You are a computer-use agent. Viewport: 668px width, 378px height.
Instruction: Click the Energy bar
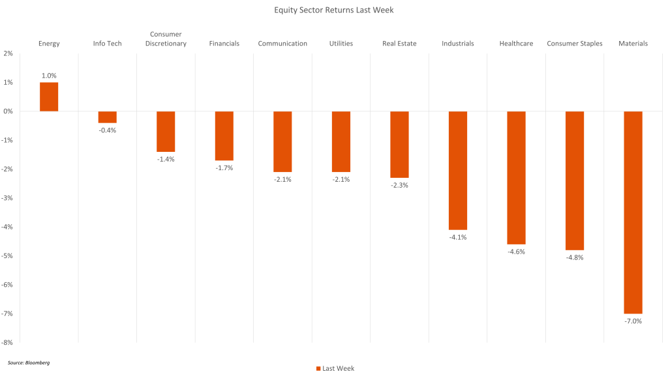click(49, 96)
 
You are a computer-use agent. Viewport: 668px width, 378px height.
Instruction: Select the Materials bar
click(633, 212)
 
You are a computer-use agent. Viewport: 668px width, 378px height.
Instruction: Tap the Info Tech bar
click(107, 117)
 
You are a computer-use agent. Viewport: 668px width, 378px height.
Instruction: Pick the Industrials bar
click(458, 170)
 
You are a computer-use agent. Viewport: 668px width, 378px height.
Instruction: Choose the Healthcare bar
click(516, 177)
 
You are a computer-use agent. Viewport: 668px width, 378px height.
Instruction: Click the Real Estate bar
click(399, 144)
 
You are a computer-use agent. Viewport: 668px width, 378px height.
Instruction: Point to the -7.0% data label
click(633, 321)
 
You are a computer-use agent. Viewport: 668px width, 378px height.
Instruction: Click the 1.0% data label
click(49, 76)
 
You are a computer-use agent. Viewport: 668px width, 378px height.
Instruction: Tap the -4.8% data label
click(575, 257)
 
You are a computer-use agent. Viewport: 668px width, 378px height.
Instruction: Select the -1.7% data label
click(224, 167)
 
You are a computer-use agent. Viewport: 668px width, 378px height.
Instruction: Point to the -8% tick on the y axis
click(8, 342)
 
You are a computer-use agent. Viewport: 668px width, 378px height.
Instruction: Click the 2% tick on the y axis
click(8, 53)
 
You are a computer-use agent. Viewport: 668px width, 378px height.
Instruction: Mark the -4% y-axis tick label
click(8, 227)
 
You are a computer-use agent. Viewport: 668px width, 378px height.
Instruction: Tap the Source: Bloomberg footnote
click(29, 362)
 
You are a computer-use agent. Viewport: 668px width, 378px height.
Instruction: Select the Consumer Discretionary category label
click(166, 39)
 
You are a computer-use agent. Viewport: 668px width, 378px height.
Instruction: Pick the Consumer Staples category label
click(575, 44)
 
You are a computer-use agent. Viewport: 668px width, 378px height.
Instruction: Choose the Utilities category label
click(341, 44)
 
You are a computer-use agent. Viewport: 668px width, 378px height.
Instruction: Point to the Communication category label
click(282, 44)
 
